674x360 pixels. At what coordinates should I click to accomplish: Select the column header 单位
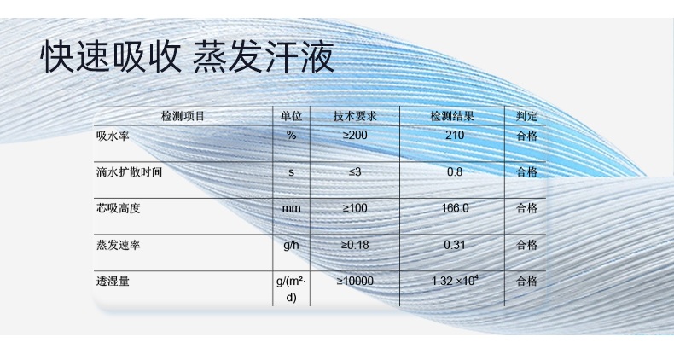pyautogui.click(x=291, y=116)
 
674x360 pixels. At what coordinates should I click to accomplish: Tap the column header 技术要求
pyautogui.click(x=355, y=116)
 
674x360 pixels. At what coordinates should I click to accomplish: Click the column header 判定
pyautogui.click(x=526, y=116)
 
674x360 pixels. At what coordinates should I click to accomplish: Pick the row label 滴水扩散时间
pyautogui.click(x=129, y=172)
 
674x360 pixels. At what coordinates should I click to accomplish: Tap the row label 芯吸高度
pyautogui.click(x=118, y=208)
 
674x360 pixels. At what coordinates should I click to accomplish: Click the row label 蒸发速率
pyautogui.click(x=118, y=245)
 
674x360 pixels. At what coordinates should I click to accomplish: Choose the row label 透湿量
pyautogui.click(x=112, y=281)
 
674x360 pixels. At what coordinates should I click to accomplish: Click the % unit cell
pyautogui.click(x=291, y=136)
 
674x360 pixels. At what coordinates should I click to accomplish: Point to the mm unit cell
pyautogui.click(x=291, y=208)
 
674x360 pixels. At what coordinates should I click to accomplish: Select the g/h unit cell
pyautogui.click(x=291, y=245)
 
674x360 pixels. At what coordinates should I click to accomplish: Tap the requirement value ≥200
pyautogui.click(x=355, y=136)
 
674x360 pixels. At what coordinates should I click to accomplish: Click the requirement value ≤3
pyautogui.click(x=355, y=172)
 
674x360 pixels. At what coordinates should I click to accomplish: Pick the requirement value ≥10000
pyautogui.click(x=355, y=281)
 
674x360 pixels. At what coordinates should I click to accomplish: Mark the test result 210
pyautogui.click(x=454, y=136)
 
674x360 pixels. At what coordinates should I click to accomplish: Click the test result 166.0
pyautogui.click(x=454, y=208)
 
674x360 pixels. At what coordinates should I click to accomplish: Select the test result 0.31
pyautogui.click(x=454, y=245)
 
